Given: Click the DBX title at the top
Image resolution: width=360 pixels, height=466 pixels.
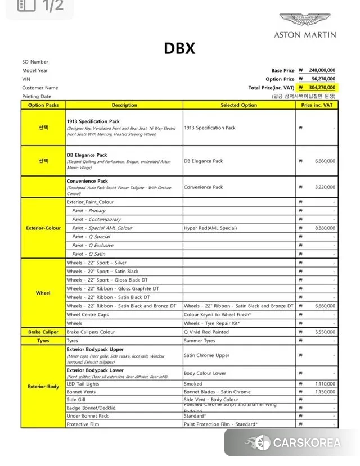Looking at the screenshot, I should (x=179, y=49).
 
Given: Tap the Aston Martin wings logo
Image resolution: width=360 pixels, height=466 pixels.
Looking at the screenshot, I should (x=305, y=21).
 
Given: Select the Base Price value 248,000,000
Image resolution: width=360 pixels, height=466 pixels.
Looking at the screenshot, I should (x=322, y=71).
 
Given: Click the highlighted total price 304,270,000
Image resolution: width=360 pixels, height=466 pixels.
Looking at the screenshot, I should (x=322, y=88).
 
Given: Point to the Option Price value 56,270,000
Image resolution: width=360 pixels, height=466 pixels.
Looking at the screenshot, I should (x=323, y=79).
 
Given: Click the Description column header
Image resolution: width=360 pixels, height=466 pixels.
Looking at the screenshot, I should (x=124, y=105).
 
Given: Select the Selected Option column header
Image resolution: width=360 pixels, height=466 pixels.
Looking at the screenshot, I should (x=238, y=105).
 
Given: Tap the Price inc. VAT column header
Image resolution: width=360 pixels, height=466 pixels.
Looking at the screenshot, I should (x=317, y=105).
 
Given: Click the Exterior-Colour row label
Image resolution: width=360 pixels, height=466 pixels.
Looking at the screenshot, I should (x=43, y=228).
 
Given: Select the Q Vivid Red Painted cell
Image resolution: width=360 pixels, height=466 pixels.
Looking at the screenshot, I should (x=206, y=332).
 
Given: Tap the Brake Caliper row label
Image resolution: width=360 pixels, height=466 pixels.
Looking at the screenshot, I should (x=43, y=332).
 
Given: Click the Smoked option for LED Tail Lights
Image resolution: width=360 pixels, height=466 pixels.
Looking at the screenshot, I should (x=193, y=384).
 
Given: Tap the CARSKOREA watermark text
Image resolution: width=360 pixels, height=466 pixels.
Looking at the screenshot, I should (x=307, y=443).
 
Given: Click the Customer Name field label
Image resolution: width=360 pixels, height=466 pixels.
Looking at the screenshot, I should (x=40, y=88).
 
